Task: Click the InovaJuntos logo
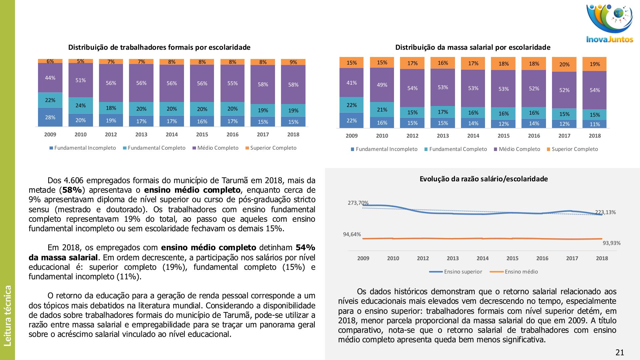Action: (609, 23)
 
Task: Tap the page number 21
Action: (620, 352)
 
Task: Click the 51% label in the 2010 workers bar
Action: (80, 80)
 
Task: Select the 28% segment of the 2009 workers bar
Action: (50, 117)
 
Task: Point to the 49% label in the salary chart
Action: (382, 85)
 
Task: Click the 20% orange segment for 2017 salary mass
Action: (564, 64)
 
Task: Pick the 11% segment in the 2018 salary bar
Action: (595, 124)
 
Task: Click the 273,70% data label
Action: (358, 203)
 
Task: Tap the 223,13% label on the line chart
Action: (605, 212)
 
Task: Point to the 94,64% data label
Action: (352, 234)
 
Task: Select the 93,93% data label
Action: (612, 243)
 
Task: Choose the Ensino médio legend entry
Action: (521, 272)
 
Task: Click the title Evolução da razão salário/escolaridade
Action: (484, 179)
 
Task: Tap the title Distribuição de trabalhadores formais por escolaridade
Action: (159, 47)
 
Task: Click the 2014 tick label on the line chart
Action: (482, 258)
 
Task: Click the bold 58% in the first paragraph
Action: (72, 190)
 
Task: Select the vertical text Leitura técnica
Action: (8, 315)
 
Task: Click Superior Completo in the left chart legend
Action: (273, 148)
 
